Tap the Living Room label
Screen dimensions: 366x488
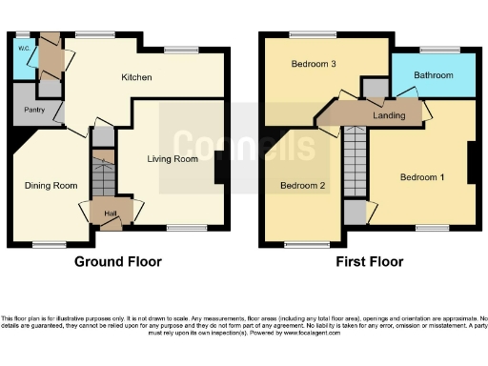pos(172,159)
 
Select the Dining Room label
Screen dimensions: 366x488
pos(51,185)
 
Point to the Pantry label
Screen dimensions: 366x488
pos(22,110)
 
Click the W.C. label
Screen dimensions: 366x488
pos(22,46)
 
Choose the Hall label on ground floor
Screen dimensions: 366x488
pos(110,213)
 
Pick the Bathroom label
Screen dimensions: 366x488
pos(433,76)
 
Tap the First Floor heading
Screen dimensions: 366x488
pos(369,261)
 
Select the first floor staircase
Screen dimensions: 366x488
pos(355,161)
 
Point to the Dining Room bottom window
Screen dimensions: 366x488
pos(50,245)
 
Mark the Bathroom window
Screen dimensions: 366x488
pos(439,50)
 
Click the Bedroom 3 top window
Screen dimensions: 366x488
pos(307,34)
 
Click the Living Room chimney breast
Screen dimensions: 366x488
pos(220,170)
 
